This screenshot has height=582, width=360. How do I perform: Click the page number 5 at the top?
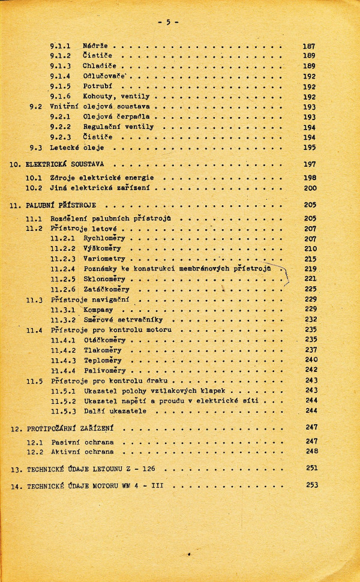pyautogui.click(x=168, y=22)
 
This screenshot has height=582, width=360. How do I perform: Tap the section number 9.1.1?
pyautogui.click(x=61, y=46)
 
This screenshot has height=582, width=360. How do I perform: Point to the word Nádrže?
pyautogui.click(x=95, y=46)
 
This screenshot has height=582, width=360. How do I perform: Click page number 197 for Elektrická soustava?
pyautogui.click(x=310, y=164)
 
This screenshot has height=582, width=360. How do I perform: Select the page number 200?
pyautogui.click(x=310, y=188)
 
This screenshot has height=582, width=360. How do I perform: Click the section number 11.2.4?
pyautogui.click(x=62, y=269)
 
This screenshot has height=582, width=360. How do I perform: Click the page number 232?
pyautogui.click(x=310, y=320)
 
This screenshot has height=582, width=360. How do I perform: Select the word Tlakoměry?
pyautogui.click(x=103, y=350)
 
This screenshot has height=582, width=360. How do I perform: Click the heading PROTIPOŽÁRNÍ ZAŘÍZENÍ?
pyautogui.click(x=71, y=429)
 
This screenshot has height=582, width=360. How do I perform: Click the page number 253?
pyautogui.click(x=311, y=485)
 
